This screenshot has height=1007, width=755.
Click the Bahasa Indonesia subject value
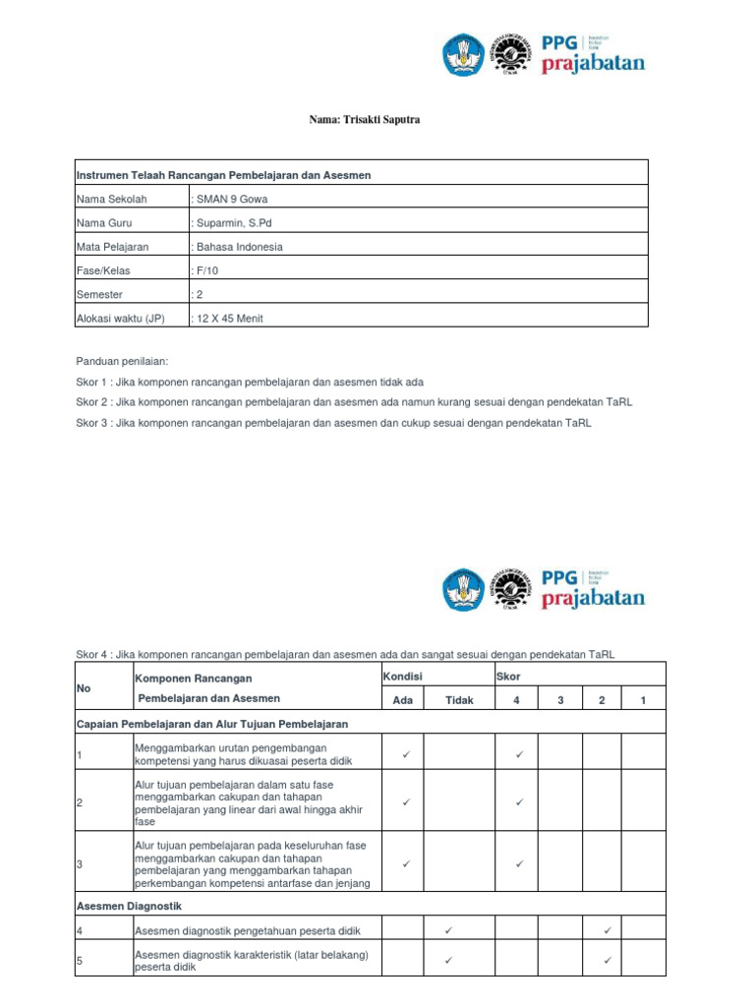(239, 247)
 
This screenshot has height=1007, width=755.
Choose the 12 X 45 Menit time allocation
(230, 318)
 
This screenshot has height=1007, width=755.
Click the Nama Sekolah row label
(110, 200)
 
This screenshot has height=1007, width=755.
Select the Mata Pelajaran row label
(112, 247)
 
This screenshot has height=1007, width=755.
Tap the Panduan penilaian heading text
(122, 362)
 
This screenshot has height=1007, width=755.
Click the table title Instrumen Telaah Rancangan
(223, 175)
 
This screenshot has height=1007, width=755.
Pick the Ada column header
(403, 700)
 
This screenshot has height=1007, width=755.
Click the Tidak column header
(459, 700)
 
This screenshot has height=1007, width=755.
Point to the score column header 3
(560, 700)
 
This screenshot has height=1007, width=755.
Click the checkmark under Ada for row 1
(404, 754)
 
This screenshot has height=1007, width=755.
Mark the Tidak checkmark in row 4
(448, 929)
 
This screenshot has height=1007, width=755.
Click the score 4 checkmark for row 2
(519, 802)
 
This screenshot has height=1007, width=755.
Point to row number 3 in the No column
(80, 863)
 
